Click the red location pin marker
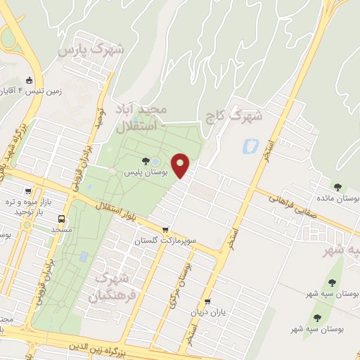[x=181, y=165]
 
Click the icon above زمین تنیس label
[x=29, y=79]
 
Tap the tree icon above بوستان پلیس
[x=146, y=161]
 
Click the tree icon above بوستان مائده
[x=338, y=187]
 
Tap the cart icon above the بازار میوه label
[x=29, y=191]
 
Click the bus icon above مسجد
[x=61, y=219]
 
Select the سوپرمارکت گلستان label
[x=165, y=240]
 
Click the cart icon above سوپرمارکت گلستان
[x=165, y=229]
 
